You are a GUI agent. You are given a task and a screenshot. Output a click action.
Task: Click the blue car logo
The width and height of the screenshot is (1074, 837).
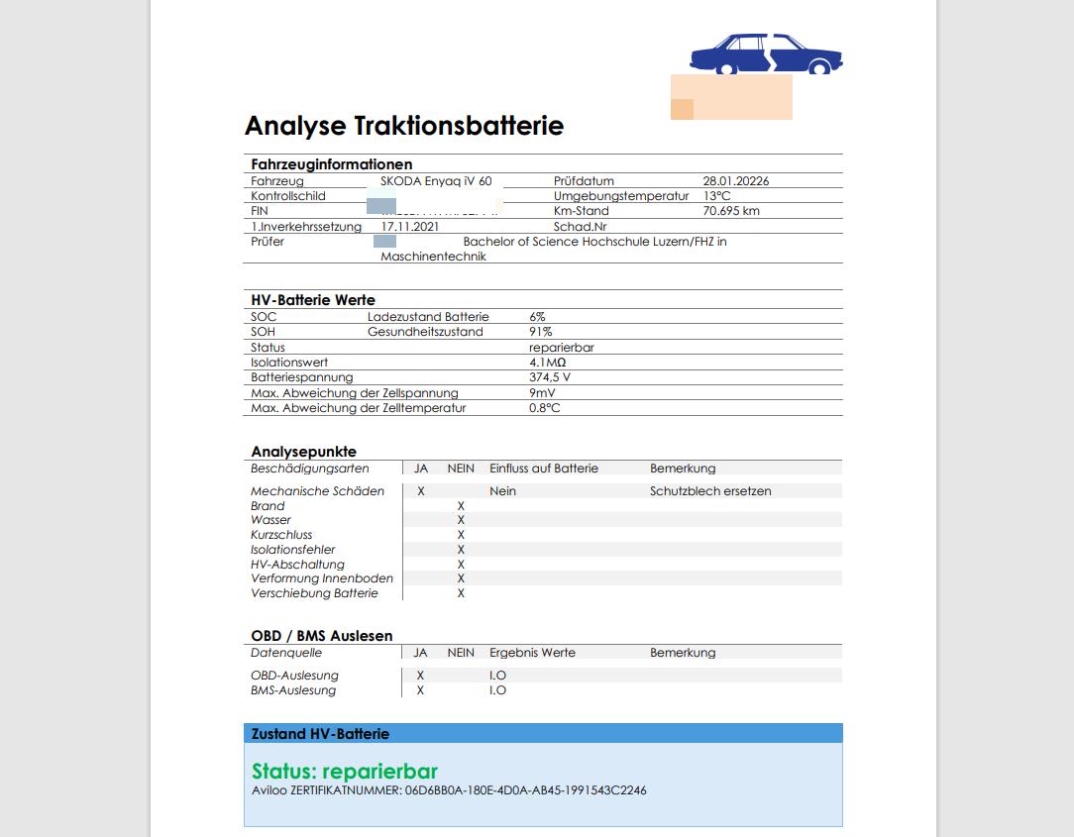point(765,54)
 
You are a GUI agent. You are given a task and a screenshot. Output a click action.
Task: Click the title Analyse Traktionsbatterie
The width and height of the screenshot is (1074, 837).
point(404,126)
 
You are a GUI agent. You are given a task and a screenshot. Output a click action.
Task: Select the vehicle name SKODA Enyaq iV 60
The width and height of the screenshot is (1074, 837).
point(436,181)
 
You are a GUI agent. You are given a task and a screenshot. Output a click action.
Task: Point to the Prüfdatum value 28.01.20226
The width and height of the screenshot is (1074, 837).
point(736,181)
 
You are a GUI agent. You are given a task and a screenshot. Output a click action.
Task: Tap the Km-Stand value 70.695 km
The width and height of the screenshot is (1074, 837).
point(731,211)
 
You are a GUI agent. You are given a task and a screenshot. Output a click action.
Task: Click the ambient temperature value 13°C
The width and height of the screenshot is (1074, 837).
point(717,196)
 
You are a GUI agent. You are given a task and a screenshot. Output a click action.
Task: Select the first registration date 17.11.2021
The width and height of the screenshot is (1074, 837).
point(409,226)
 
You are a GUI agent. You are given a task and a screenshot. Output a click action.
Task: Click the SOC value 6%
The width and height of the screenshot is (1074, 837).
point(537,317)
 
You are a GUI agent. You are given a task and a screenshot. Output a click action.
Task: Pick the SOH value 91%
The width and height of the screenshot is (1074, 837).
point(540,332)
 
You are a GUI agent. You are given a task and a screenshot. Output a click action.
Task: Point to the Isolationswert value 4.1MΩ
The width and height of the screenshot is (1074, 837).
point(547,363)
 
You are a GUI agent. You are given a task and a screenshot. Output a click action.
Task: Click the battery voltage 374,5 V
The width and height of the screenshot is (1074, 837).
point(550,377)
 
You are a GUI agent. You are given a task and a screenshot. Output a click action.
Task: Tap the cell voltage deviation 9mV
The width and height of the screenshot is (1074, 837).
point(542,393)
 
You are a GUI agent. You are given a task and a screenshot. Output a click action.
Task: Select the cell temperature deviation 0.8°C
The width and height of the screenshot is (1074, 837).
point(544,408)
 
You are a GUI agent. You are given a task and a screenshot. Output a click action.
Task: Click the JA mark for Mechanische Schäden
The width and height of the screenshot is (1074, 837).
point(421,491)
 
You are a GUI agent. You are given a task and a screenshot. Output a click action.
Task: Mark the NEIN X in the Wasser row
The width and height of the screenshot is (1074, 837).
point(461,520)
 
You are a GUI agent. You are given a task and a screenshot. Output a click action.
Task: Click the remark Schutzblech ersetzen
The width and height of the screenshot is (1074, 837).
point(710,491)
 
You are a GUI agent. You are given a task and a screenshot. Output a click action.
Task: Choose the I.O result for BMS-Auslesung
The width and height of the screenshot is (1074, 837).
point(497,690)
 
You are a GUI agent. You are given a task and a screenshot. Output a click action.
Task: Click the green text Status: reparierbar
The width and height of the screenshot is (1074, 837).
point(345,772)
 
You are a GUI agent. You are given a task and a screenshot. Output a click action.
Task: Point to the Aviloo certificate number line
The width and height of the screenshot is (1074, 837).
point(449,790)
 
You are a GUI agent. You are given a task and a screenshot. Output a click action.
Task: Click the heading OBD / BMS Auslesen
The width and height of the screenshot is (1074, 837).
point(322,636)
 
